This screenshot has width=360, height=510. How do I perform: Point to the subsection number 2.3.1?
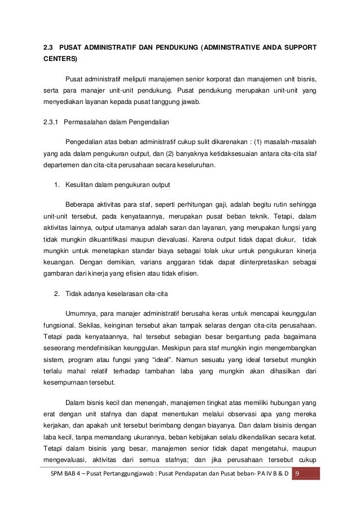tap(52, 122)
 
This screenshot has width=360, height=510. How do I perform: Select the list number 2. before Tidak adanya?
tap(56, 294)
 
